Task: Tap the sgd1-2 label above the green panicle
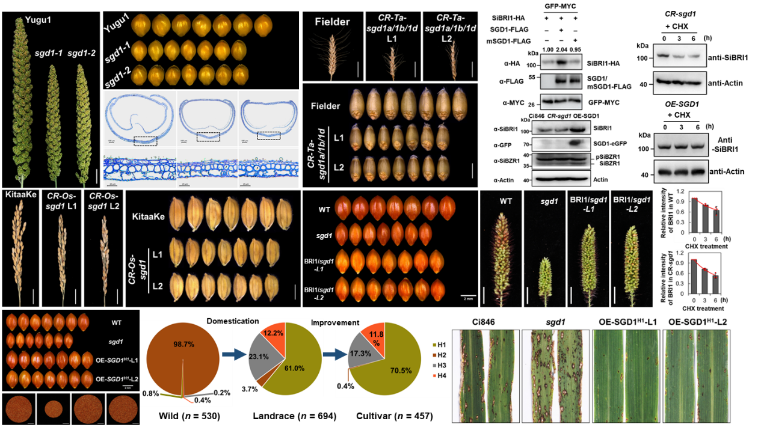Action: pyautogui.click(x=81, y=54)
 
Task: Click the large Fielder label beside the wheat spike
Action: pyautogui.click(x=332, y=22)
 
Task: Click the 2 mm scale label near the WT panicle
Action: pyautogui.click(x=467, y=298)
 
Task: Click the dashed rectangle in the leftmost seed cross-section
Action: pyautogui.click(x=146, y=141)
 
